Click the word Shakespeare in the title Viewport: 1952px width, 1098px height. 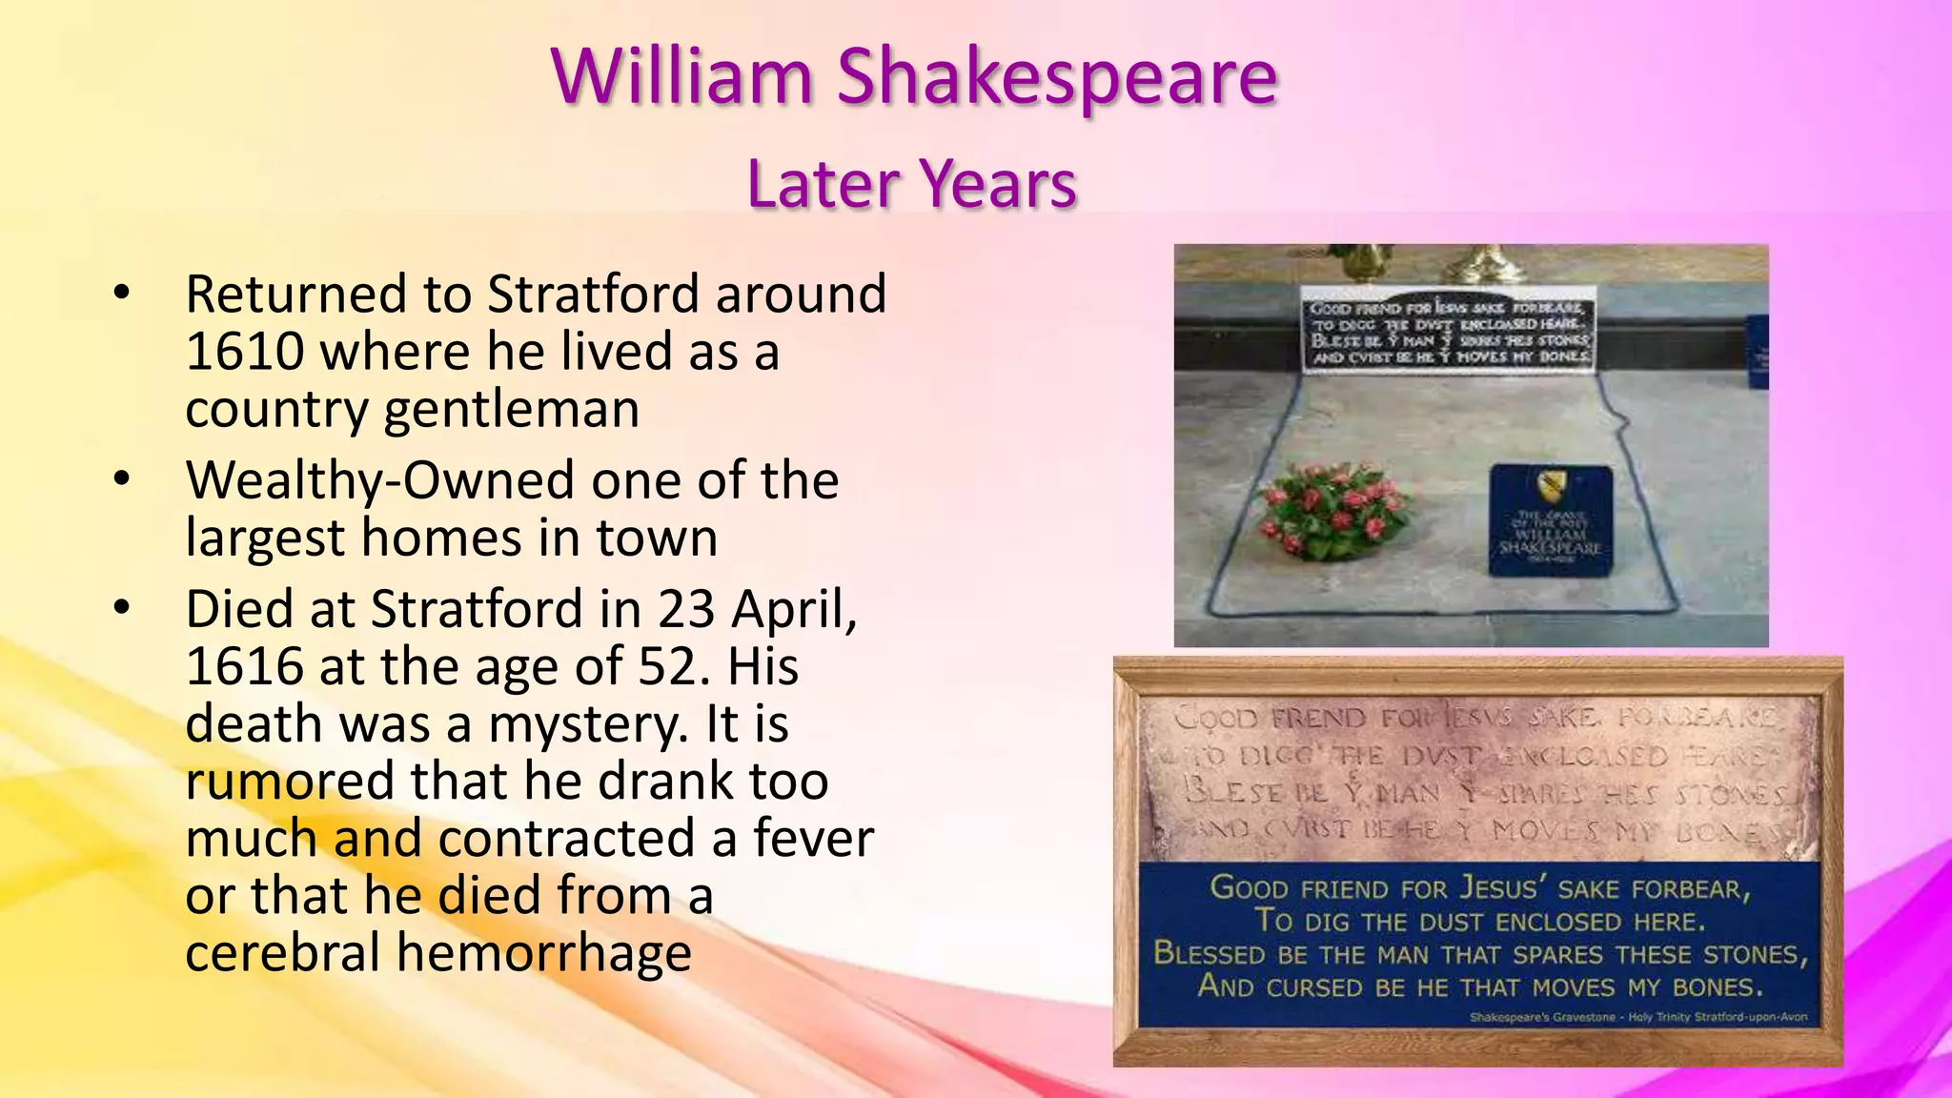click(1057, 78)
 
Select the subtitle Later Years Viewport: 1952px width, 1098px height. click(912, 183)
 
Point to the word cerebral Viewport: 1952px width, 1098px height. click(282, 953)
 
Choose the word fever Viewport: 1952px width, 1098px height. click(814, 839)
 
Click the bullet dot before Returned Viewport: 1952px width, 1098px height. click(121, 294)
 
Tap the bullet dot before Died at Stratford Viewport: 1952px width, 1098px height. click(121, 609)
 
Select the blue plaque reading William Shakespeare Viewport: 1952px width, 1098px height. click(1551, 520)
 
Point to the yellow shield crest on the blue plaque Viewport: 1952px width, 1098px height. click(1551, 486)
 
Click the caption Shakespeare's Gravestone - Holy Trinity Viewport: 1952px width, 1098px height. click(1637, 1017)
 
